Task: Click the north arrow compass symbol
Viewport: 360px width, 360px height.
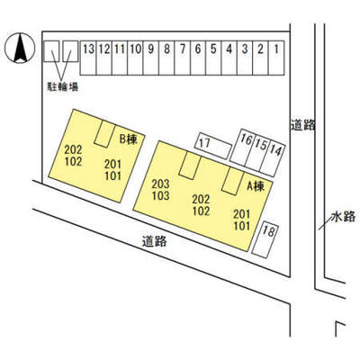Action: [x=20, y=48]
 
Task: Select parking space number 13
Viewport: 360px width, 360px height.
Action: [x=88, y=58]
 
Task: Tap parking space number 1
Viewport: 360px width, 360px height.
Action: [x=276, y=58]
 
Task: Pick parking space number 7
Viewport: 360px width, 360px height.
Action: [x=183, y=58]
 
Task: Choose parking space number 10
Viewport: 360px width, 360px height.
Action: [x=135, y=58]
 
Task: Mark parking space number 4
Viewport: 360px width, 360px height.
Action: [x=229, y=58]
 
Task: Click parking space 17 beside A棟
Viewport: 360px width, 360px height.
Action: [x=213, y=146]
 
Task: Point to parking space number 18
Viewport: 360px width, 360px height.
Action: [x=265, y=239]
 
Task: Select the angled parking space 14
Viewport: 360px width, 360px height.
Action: [x=273, y=158]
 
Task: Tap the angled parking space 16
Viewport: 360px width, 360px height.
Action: [x=243, y=147]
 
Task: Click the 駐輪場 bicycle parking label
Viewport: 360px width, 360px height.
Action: [x=63, y=86]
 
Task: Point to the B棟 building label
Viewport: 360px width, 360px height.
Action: [x=129, y=139]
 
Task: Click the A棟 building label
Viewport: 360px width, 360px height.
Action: [x=256, y=187]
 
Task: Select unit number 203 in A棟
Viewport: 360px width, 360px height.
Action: [x=160, y=184]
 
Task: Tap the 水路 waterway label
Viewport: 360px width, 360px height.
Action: [x=344, y=217]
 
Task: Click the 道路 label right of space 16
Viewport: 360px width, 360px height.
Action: [x=302, y=125]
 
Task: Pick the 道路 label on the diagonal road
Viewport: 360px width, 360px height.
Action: [x=154, y=241]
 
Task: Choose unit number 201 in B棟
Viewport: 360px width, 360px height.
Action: [x=113, y=165]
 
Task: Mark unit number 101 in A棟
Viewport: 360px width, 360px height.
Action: [x=242, y=226]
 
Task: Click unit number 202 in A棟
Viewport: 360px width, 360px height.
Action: [x=201, y=199]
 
